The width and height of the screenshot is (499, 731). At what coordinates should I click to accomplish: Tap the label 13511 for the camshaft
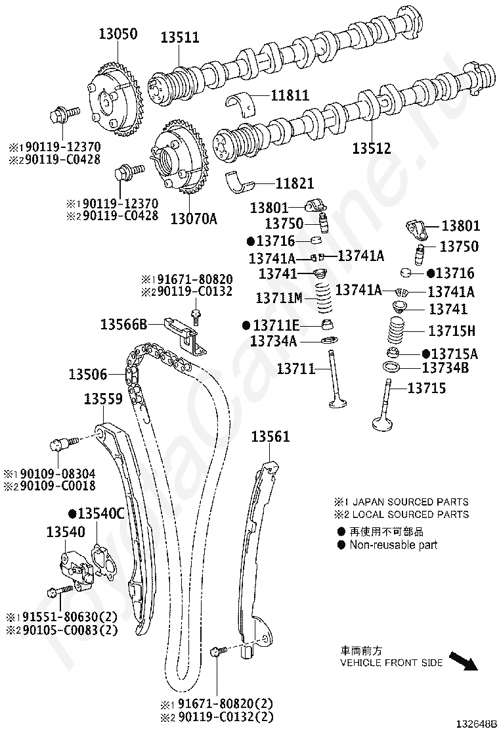(x=180, y=37)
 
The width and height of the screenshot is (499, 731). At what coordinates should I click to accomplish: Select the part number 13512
(x=371, y=148)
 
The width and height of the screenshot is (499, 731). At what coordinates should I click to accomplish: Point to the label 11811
(x=292, y=95)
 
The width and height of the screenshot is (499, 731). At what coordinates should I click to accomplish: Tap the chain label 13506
(x=87, y=374)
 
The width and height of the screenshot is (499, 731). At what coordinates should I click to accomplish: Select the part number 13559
(x=103, y=398)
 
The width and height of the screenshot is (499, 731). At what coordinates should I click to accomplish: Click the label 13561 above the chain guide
(x=270, y=436)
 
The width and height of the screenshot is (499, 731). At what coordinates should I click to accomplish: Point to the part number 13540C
(x=100, y=513)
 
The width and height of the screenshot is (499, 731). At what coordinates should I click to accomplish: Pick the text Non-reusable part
(x=393, y=544)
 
